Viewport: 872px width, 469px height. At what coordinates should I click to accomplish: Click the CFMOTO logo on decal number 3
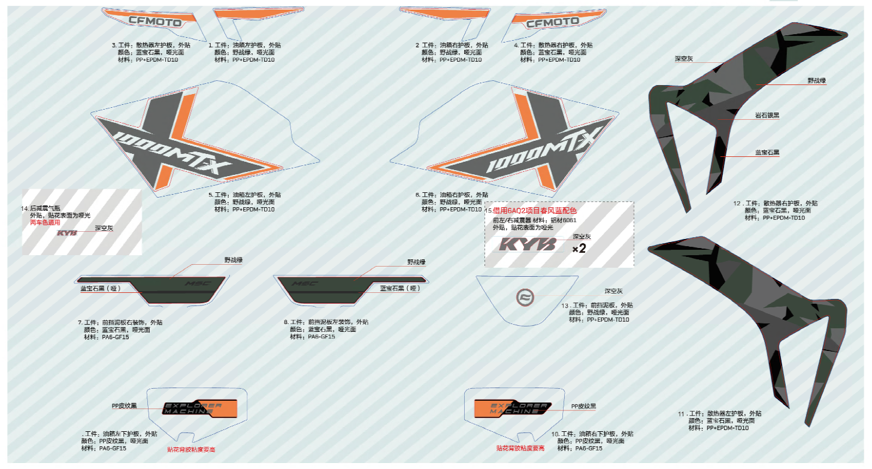coord(156,20)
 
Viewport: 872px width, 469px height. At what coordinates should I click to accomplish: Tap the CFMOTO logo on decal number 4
coord(552,23)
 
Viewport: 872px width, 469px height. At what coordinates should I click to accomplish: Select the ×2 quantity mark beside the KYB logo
coord(579,249)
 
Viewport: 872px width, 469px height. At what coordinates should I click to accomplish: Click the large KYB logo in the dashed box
coord(528,245)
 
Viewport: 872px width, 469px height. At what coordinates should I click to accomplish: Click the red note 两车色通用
coord(45,222)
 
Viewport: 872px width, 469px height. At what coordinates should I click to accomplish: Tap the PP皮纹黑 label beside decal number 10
coord(583,406)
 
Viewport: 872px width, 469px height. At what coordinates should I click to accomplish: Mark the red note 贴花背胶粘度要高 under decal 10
coord(520,447)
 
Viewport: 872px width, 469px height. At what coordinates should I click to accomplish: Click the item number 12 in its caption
coord(737,204)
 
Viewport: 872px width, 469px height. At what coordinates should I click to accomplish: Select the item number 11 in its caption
coord(681,414)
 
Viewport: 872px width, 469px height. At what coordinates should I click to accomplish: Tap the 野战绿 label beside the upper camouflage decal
coord(817,80)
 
